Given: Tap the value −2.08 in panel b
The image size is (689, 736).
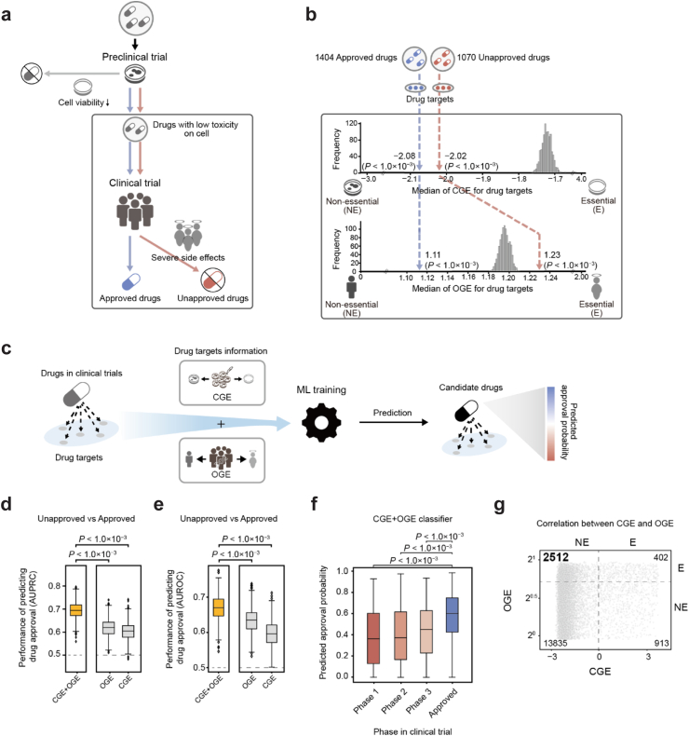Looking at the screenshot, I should pyautogui.click(x=403, y=156).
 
